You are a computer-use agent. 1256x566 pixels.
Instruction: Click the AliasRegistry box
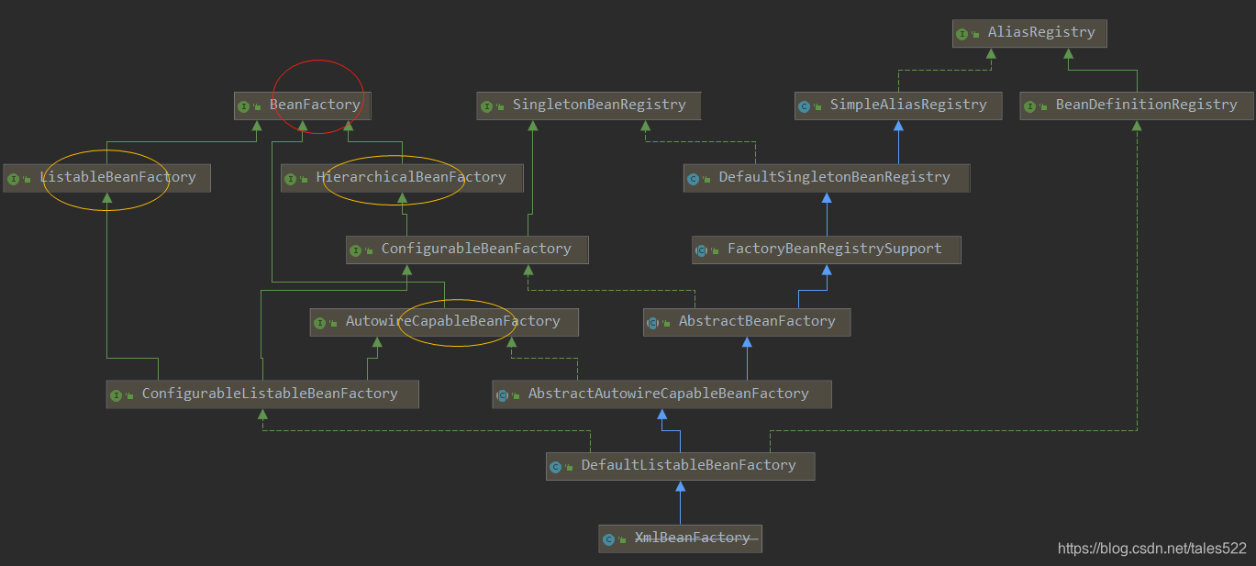click(x=1029, y=33)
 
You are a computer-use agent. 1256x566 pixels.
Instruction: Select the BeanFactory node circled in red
click(x=303, y=105)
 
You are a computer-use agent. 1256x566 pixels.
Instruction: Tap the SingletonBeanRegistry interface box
click(x=588, y=105)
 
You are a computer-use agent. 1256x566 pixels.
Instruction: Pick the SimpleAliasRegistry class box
click(x=896, y=105)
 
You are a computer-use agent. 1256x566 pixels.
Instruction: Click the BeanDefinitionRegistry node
click(x=1136, y=105)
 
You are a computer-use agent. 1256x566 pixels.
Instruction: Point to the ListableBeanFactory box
click(x=106, y=178)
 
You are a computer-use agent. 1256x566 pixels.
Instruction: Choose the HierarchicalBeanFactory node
click(x=402, y=178)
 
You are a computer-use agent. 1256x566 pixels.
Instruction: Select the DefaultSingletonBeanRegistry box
click(x=826, y=178)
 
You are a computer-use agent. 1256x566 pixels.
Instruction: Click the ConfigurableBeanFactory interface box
click(x=467, y=250)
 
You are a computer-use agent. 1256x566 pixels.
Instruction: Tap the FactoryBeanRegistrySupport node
click(x=826, y=250)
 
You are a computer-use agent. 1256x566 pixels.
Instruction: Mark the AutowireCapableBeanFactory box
click(x=444, y=322)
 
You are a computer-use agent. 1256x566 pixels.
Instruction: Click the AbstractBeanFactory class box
click(x=747, y=322)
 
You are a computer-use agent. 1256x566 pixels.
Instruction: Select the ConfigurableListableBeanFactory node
click(x=262, y=394)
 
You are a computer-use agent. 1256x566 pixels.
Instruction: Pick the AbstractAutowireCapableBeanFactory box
click(x=661, y=394)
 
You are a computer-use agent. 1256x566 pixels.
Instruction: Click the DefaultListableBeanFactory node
click(x=680, y=466)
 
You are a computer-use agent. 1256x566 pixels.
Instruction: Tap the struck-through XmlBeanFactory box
click(x=680, y=538)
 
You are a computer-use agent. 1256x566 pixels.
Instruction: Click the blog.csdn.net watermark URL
click(x=1152, y=549)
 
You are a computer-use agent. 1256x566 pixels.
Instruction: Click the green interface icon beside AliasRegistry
click(x=962, y=34)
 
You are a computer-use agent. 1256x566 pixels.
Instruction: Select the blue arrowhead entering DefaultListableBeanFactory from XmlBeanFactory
click(x=680, y=486)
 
